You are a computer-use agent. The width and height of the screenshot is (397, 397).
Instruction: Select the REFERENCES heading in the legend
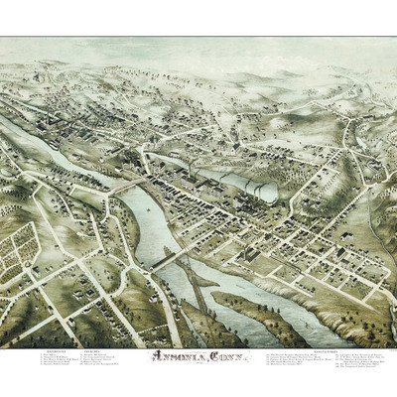coord(56,349)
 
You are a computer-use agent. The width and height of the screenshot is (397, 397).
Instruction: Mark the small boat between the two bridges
coord(149,223)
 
